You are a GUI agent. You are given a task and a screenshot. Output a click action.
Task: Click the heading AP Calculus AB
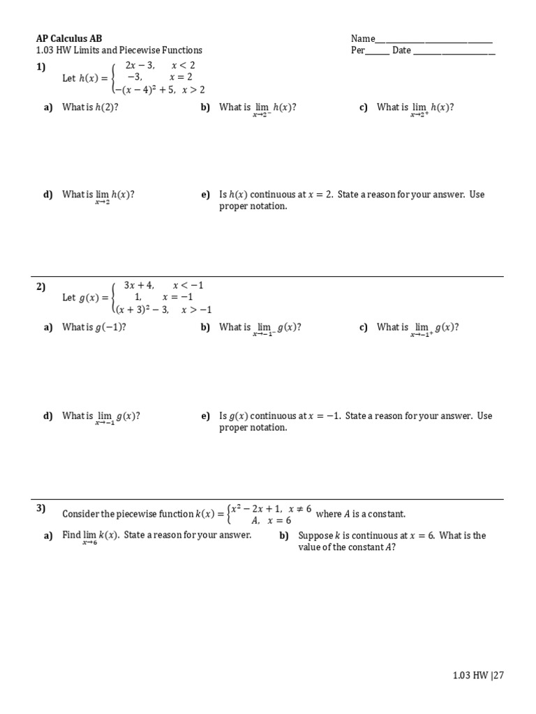point(68,39)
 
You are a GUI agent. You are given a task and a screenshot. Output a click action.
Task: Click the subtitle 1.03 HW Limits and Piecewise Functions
point(119,51)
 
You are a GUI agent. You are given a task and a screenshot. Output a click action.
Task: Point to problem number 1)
point(40,67)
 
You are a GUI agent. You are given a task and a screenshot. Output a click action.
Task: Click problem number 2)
point(40,287)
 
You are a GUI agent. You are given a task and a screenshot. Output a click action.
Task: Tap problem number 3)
point(40,508)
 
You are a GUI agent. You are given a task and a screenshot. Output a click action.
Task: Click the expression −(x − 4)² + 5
point(144,90)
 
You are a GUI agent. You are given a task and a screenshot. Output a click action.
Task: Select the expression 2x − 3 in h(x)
point(140,66)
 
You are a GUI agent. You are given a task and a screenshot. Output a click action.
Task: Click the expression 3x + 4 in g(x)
point(138,285)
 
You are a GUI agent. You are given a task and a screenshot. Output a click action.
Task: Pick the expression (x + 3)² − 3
point(142,310)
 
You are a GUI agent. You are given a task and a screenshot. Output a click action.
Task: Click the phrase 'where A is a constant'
point(360,515)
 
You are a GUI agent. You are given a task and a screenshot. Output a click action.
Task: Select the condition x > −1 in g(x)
point(196,310)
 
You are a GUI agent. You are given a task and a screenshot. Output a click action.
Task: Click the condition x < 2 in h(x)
point(184,66)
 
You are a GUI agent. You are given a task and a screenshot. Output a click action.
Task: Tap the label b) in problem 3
point(284,536)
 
